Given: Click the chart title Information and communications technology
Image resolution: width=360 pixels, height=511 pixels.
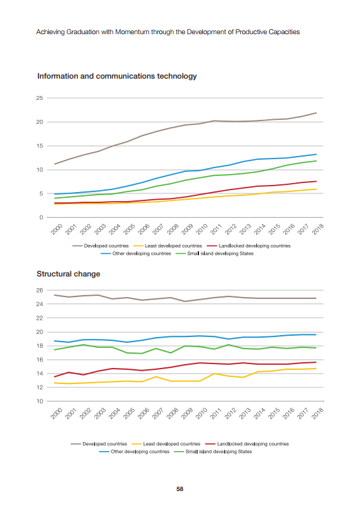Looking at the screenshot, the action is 117,76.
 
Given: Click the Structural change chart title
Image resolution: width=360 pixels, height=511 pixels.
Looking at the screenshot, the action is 68,274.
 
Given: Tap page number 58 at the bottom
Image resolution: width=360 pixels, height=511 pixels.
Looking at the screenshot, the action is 180,489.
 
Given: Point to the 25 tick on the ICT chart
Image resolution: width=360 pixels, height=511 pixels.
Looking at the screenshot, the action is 39,98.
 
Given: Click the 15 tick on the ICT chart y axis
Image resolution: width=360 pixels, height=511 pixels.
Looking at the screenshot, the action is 39,146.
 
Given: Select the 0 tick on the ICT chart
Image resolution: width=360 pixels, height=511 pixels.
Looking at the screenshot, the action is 41,217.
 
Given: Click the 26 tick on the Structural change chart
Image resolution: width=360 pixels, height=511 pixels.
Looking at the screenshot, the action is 39,290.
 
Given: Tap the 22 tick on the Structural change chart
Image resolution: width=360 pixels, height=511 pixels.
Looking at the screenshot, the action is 39,318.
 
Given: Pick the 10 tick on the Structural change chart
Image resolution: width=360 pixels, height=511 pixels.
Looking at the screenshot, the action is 39,401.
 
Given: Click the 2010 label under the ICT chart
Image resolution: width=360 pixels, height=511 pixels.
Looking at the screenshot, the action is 202,229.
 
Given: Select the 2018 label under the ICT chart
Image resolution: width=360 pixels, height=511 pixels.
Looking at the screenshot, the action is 317,229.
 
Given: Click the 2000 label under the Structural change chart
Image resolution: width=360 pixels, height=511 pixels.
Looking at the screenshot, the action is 57,413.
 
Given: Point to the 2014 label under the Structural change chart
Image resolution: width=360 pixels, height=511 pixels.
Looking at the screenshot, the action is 260,413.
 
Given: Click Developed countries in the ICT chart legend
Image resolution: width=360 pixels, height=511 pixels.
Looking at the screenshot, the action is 106,246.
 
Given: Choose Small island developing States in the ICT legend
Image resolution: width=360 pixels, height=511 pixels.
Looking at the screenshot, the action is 220,253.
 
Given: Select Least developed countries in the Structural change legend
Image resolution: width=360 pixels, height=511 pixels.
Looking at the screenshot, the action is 172,444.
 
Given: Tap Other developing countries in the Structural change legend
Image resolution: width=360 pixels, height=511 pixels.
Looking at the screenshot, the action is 140,452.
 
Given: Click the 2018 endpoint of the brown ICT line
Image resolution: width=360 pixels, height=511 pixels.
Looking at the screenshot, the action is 316,113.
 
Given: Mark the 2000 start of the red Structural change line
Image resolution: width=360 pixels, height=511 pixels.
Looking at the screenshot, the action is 54,377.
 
